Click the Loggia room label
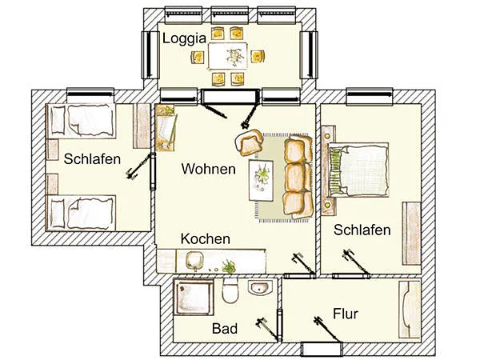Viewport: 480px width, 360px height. point(184,39)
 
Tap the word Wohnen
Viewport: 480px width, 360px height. point(208,169)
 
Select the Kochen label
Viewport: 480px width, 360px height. point(205,238)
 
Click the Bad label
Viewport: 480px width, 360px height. point(225,329)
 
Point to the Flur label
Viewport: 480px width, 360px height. point(346,314)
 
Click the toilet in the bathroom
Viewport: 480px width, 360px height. point(230,290)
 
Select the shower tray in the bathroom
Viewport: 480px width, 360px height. point(194,297)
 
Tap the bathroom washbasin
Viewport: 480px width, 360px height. point(259,288)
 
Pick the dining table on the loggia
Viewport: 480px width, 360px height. point(228,56)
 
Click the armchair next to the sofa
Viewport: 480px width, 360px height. point(250,142)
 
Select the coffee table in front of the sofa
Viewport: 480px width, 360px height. point(261,180)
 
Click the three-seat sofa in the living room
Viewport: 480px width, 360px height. point(298,176)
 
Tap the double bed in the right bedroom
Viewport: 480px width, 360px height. point(358,170)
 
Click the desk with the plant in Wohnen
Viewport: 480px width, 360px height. point(166,128)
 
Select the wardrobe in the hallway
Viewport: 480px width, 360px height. point(410,309)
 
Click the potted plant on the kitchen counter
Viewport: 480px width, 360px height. point(228,266)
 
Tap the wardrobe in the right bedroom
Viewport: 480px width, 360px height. point(411,234)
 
